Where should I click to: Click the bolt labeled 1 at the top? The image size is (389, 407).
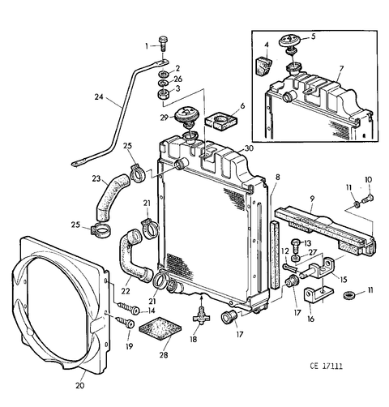163,44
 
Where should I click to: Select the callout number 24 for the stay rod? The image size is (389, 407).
99,96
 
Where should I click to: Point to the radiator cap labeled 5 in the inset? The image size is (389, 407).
289,41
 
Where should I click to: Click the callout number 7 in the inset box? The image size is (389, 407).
341,69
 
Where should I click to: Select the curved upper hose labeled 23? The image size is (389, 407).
111,197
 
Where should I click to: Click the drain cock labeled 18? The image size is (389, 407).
201,314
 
